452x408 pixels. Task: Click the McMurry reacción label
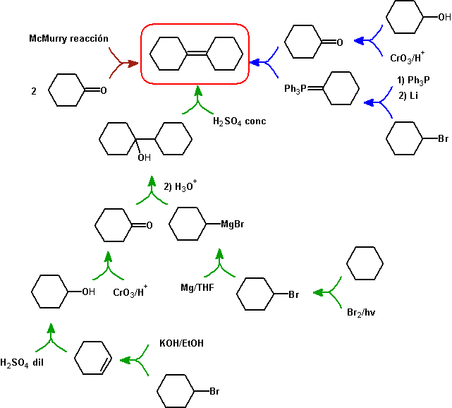(69, 38)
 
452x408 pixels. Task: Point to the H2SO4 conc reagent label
(239, 121)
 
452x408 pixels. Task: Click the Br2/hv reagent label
(362, 311)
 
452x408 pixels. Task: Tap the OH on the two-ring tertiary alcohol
(144, 157)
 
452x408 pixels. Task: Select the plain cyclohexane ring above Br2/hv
(366, 264)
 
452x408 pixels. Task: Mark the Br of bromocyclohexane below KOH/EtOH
(216, 390)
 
